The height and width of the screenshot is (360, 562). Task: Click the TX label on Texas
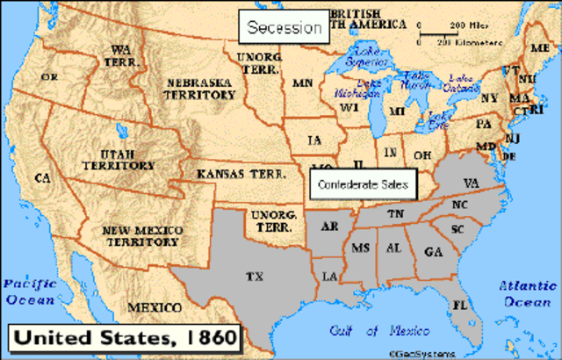(x=255, y=276)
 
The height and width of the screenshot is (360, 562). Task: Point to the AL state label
(x=393, y=248)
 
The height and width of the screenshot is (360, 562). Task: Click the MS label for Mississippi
(x=360, y=248)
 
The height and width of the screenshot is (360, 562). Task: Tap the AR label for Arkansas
(x=330, y=227)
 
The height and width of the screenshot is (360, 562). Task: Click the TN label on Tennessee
(x=396, y=214)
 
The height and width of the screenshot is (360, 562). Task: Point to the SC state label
(x=457, y=229)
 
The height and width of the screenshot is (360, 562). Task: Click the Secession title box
(x=284, y=28)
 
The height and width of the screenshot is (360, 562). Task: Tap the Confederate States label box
(x=362, y=183)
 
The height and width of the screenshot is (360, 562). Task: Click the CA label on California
(x=41, y=178)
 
